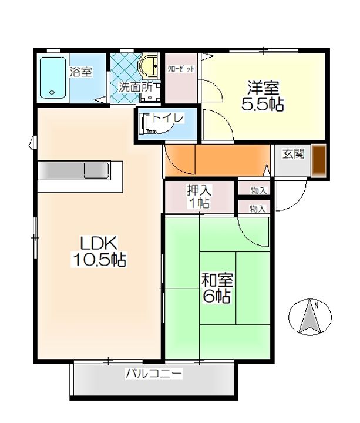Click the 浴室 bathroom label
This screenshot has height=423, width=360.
point(81,72)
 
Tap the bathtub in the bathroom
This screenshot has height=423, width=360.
point(53,78)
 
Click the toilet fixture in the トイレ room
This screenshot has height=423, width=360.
point(147,123)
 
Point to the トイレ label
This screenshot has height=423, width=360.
point(168,117)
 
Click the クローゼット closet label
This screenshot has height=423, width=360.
point(181,69)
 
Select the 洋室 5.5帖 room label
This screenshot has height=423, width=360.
point(263,96)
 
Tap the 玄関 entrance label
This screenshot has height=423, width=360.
point(294,153)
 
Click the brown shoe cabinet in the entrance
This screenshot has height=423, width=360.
point(318,161)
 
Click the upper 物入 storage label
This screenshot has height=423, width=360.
point(258,191)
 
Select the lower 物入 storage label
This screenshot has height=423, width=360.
point(258,209)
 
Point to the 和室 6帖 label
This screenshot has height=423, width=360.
point(217,288)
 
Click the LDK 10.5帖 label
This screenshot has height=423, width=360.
point(99,251)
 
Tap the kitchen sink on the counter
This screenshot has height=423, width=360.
point(96,170)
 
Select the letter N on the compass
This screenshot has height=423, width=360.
point(317,306)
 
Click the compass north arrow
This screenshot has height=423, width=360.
point(310,317)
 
